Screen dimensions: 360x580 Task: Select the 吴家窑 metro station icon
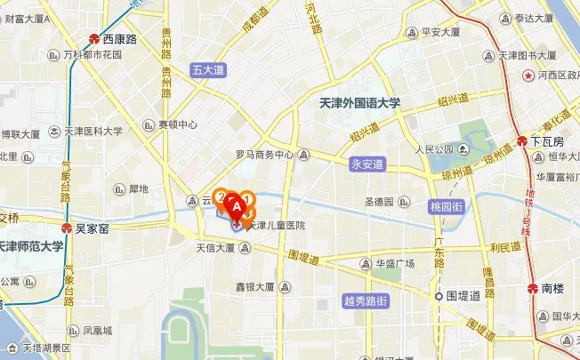point(65,228)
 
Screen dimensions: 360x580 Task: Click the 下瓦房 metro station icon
point(522,140)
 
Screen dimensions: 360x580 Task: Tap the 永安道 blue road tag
point(366,164)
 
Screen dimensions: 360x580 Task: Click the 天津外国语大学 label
point(360,103)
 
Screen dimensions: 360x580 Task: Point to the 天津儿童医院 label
point(277,227)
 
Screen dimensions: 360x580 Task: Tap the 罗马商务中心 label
point(264,155)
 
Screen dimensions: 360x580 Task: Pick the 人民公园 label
point(434,148)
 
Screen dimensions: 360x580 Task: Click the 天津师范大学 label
point(31,246)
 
